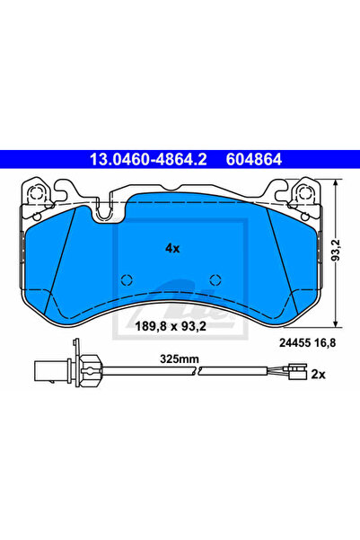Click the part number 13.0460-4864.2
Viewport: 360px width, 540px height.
point(148,159)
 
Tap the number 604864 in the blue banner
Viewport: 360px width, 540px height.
point(254,159)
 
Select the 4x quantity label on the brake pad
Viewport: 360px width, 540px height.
point(172,248)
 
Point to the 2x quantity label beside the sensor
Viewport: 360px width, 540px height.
point(318,374)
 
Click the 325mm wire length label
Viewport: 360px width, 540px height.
point(180,359)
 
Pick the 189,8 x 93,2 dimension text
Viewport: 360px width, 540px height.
point(171,326)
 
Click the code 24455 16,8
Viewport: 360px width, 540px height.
point(307,342)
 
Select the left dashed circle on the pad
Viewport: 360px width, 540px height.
point(127,280)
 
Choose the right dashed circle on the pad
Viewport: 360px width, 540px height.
point(215,280)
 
